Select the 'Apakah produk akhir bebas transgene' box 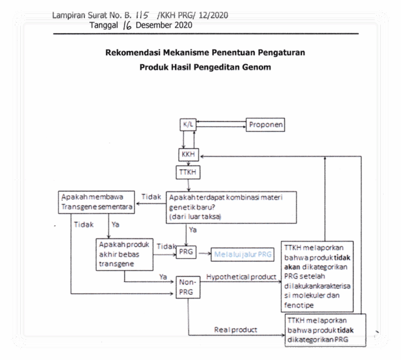[x=125, y=254]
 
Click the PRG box [x=186, y=252]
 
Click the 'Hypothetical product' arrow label [x=241, y=277]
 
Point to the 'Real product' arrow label [x=235, y=330]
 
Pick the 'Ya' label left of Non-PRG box [x=163, y=277]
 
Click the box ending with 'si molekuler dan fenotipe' [x=317, y=276]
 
